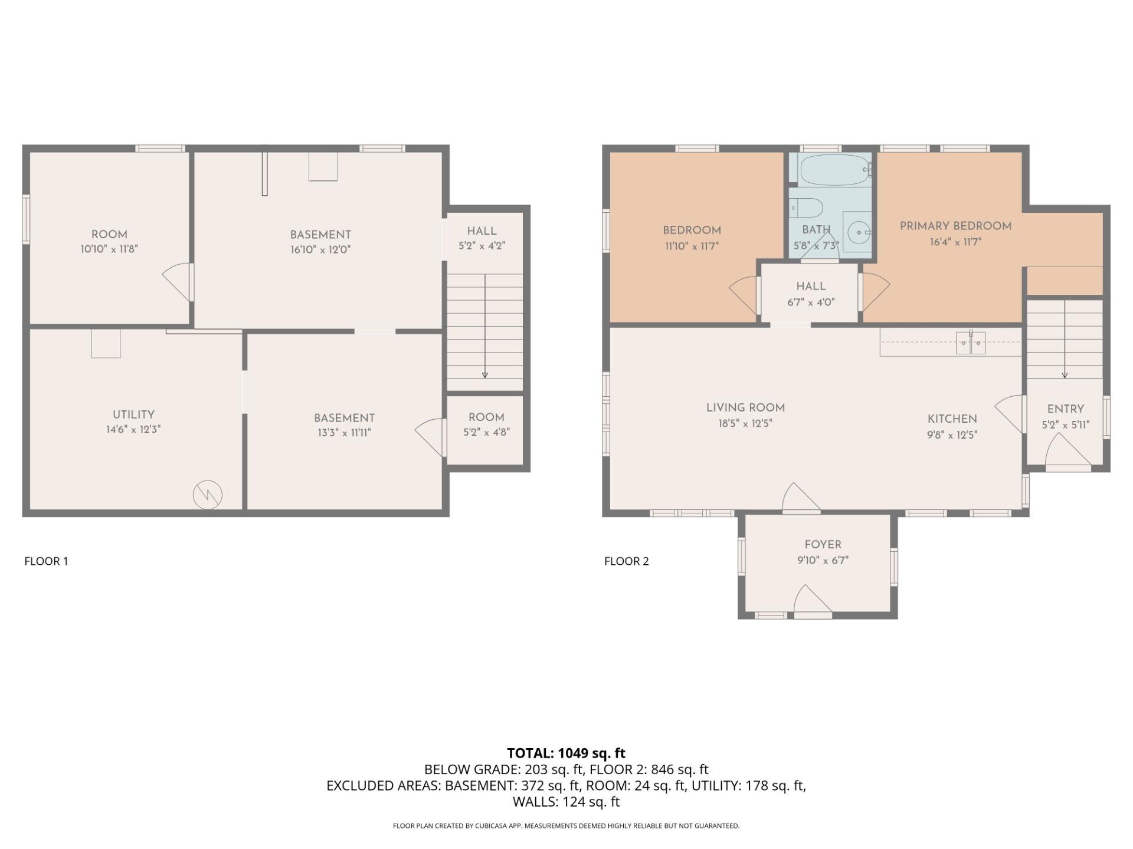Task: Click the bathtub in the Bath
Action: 833,170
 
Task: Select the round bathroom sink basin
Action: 857,232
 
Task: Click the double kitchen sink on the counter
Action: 970,343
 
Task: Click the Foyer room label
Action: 823,545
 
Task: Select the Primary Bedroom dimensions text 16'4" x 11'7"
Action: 955,242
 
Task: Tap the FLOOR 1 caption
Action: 46,561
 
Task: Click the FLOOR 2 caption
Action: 626,561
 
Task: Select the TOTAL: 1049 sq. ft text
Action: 566,753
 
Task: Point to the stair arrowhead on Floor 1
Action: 485,374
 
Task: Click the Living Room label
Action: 745,407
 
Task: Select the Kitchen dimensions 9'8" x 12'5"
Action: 952,435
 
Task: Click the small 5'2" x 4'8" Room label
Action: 486,417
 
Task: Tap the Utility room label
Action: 133,414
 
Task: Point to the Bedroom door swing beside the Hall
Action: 744,294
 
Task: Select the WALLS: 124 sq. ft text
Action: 566,802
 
